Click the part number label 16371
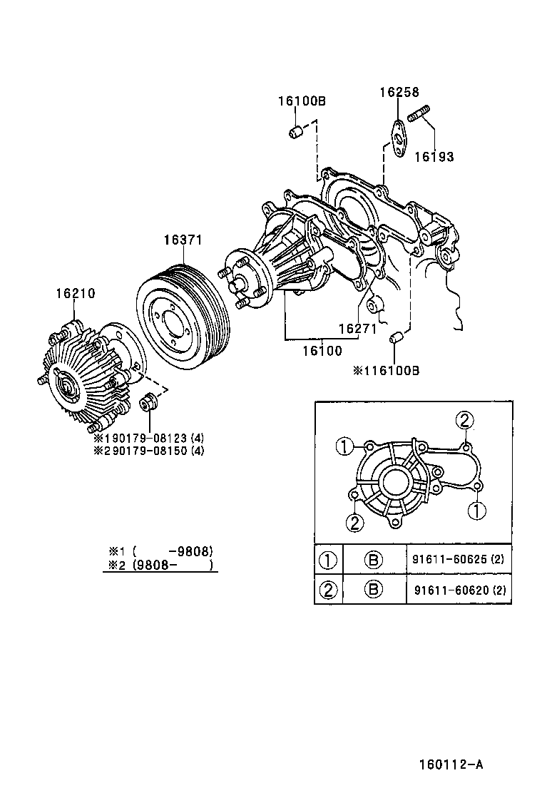coord(183,240)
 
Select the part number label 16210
coord(76,293)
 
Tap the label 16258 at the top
coord(399,92)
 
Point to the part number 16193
coord(434,157)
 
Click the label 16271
coord(357,329)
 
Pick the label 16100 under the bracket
coord(322,351)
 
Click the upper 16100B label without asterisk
coord(302,101)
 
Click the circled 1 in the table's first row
coord(328,560)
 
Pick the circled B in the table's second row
coord(374,589)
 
